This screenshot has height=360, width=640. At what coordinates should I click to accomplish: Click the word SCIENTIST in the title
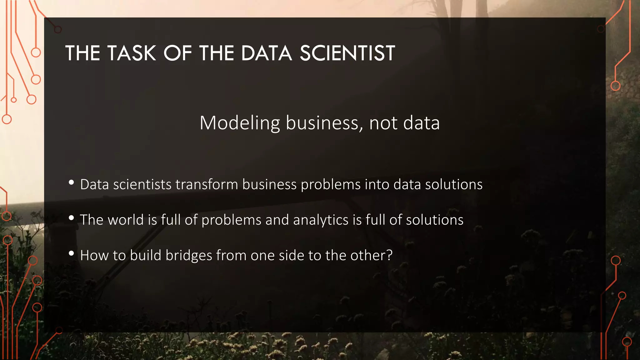[347, 53]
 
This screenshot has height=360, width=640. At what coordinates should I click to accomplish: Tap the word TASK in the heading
[132, 53]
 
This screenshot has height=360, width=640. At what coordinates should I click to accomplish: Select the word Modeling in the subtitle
[240, 123]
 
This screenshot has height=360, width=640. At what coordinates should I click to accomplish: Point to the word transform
[207, 184]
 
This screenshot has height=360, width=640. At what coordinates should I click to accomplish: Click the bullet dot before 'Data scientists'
[71, 182]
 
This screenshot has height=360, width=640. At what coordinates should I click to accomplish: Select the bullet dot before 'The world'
[71, 218]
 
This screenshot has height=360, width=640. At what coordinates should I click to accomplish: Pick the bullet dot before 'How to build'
[71, 253]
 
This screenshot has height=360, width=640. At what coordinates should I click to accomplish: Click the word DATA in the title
[266, 53]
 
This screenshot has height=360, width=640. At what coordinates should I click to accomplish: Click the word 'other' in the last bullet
[368, 255]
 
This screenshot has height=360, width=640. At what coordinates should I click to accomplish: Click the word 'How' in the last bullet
[94, 255]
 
